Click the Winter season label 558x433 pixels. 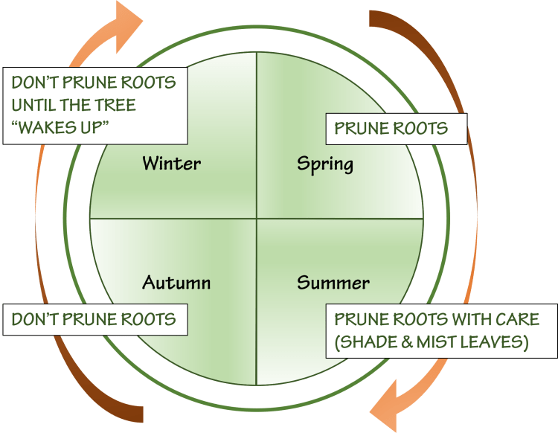click(171, 163)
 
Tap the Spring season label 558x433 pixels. click(324, 163)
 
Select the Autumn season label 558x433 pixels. click(176, 283)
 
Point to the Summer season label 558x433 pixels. click(333, 283)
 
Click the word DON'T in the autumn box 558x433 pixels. click(33, 320)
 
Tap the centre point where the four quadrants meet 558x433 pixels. click(257, 219)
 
